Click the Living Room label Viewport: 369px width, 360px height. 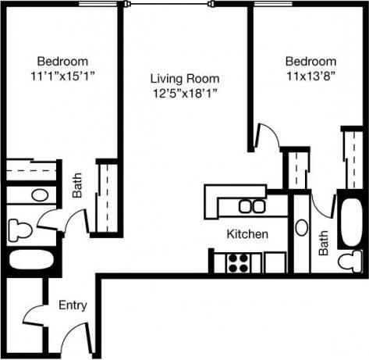(185, 79)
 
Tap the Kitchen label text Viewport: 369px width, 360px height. (248, 234)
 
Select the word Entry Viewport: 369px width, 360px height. (72, 305)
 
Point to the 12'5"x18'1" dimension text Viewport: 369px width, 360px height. (185, 94)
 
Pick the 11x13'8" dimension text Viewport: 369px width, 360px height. (310, 76)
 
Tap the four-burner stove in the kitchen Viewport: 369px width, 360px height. (237, 262)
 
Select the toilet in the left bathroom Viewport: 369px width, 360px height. (20, 230)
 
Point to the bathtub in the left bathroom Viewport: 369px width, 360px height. (30, 262)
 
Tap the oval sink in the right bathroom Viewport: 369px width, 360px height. (302, 230)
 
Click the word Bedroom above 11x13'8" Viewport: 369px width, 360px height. (310, 62)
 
